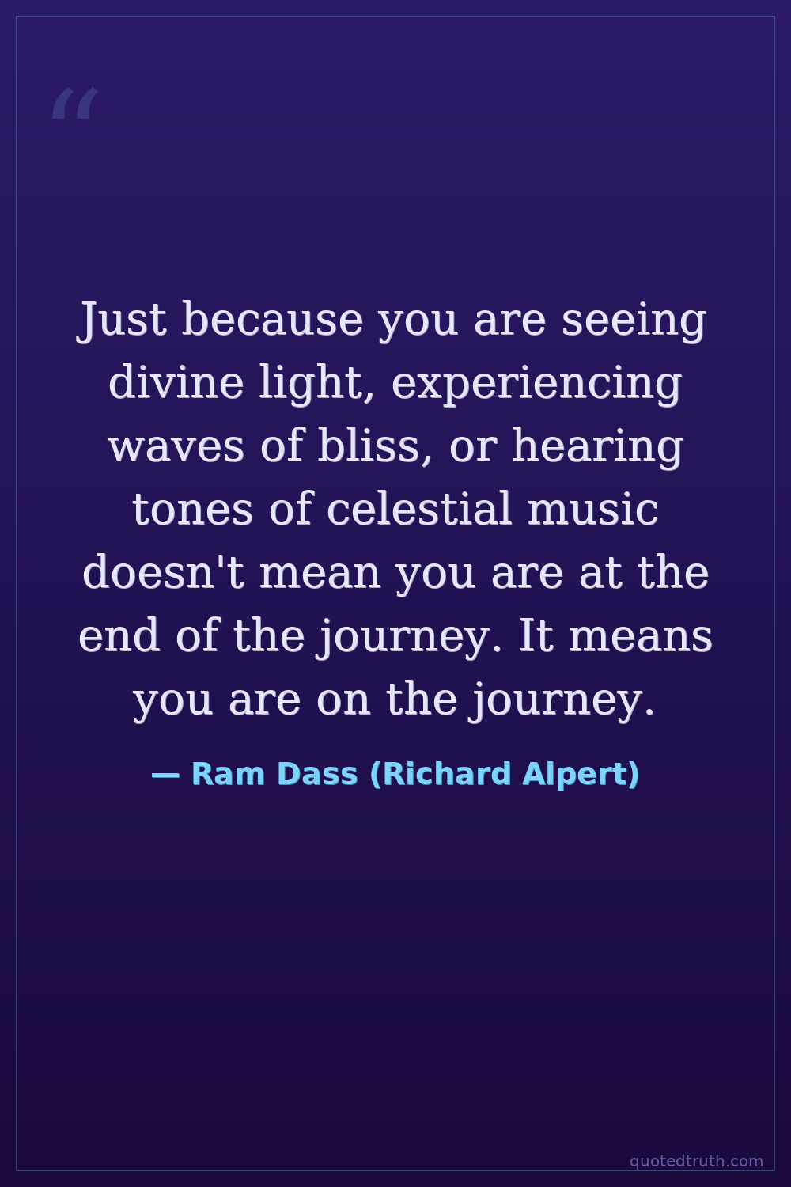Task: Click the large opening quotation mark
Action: (75, 104)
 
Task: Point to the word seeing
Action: (634, 321)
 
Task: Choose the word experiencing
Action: (536, 385)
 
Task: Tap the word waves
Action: (176, 448)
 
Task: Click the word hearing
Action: (597, 449)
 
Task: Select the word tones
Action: (193, 510)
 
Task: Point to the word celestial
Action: (419, 508)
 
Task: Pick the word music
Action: (593, 508)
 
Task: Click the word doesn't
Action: (164, 571)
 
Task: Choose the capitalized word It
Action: (536, 635)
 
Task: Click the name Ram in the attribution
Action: (228, 775)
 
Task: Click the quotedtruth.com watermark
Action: (697, 1162)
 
